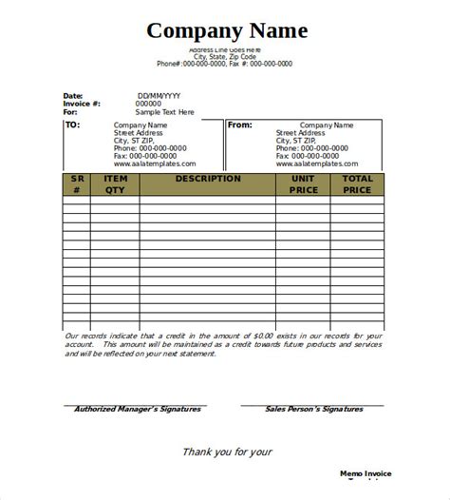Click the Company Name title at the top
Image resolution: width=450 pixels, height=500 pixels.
pyautogui.click(x=226, y=30)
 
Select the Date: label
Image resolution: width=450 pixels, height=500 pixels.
pyautogui.click(x=73, y=96)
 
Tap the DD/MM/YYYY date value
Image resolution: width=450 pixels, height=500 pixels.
pyautogui.click(x=159, y=96)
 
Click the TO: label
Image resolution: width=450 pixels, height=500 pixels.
pyautogui.click(x=73, y=125)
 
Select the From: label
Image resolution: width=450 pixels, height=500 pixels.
pyautogui.click(x=241, y=125)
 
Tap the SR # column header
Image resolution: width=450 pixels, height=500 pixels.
pyautogui.click(x=76, y=183)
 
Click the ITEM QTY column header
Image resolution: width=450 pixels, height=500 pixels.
pyautogui.click(x=115, y=183)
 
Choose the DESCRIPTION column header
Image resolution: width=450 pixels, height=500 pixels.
pyautogui.click(x=208, y=178)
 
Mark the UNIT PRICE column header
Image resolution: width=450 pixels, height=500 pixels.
pyautogui.click(x=303, y=183)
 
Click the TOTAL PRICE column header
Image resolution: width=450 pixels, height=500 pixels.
pyautogui.click(x=357, y=183)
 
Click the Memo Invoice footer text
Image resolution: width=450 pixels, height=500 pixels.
pyautogui.click(x=366, y=472)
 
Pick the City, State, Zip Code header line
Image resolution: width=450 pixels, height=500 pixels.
pyautogui.click(x=225, y=56)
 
